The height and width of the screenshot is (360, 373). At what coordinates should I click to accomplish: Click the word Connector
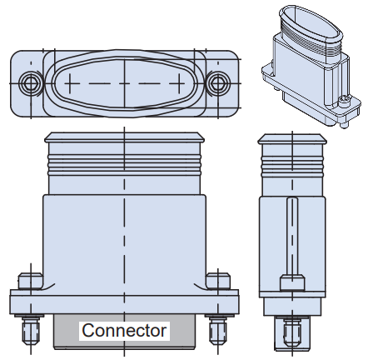124,330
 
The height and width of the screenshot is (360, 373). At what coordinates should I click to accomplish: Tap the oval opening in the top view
125,83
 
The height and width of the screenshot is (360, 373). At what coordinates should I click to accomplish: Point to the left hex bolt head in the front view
30,280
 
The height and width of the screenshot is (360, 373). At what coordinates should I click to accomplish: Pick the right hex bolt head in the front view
218,280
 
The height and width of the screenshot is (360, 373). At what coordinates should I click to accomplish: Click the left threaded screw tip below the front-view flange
30,328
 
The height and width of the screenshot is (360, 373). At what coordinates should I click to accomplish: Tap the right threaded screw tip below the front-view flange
218,328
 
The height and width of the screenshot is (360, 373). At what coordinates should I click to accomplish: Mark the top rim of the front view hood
123,137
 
